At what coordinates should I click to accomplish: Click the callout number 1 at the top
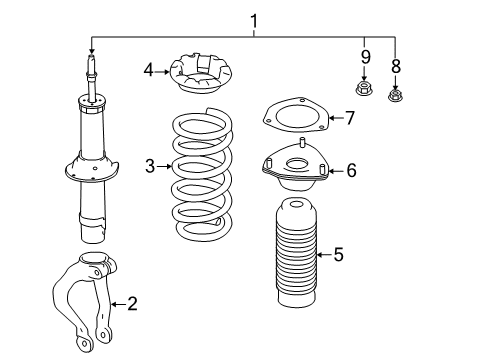[254, 21]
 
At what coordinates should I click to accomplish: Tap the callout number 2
[132, 304]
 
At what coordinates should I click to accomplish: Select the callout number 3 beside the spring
[150, 166]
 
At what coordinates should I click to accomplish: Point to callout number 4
[149, 71]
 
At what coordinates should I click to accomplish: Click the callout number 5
[338, 255]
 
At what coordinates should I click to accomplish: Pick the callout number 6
[351, 170]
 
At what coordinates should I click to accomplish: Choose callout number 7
[350, 118]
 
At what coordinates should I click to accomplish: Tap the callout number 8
[395, 66]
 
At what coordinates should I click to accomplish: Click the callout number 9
[366, 57]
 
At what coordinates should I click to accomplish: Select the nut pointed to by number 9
[364, 87]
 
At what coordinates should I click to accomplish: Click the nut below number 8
[395, 94]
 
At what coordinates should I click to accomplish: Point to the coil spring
[202, 174]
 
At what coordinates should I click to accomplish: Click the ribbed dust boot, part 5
[296, 253]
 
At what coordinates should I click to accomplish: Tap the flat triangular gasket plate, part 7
[296, 115]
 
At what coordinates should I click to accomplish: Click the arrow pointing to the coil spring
[164, 166]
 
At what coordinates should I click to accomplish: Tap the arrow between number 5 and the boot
[323, 255]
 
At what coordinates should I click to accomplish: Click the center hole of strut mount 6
[296, 164]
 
